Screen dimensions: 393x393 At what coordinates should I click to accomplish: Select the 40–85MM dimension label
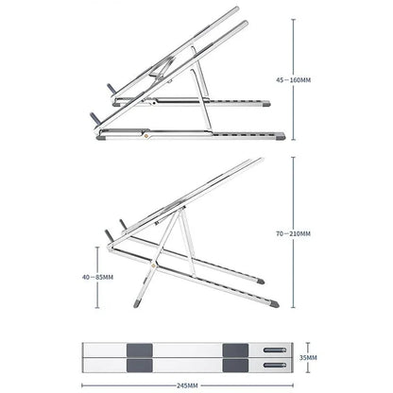(98, 278)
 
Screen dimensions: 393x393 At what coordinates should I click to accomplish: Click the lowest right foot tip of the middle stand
(274, 304)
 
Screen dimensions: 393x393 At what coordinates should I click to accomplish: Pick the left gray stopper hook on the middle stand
(107, 231)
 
